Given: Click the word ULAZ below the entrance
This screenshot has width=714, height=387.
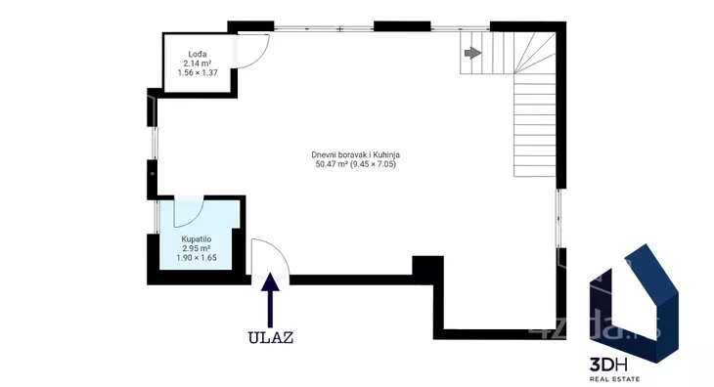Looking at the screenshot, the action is coord(271,337).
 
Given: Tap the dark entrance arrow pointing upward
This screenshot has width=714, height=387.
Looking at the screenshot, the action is coord(271,300).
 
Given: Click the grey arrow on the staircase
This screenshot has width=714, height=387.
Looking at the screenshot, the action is coord(473,53).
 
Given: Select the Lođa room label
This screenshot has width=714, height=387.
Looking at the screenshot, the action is coord(198,54).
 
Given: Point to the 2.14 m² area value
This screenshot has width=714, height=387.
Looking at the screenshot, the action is coord(198,64).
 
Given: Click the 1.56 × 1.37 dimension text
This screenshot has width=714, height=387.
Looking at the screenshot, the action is coord(198,72).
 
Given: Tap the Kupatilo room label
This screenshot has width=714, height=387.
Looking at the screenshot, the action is coord(197,239).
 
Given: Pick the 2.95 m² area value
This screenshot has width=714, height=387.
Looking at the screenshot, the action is coord(197,248).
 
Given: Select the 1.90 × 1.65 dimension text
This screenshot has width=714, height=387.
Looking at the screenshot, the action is coord(197,257).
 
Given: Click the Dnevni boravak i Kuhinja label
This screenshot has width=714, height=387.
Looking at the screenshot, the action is coord(356,154).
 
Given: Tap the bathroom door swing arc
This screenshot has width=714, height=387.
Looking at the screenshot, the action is coord(197,217).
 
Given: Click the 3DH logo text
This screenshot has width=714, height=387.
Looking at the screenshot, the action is coord(608,365).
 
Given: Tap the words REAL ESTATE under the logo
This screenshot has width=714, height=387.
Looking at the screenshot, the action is coord(615,379).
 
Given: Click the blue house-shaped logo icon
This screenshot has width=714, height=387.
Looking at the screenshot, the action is coord(635,303).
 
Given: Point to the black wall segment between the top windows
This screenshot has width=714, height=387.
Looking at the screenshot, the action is coord(402,26).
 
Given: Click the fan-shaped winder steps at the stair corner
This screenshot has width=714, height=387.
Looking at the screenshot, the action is coord(536,53).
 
